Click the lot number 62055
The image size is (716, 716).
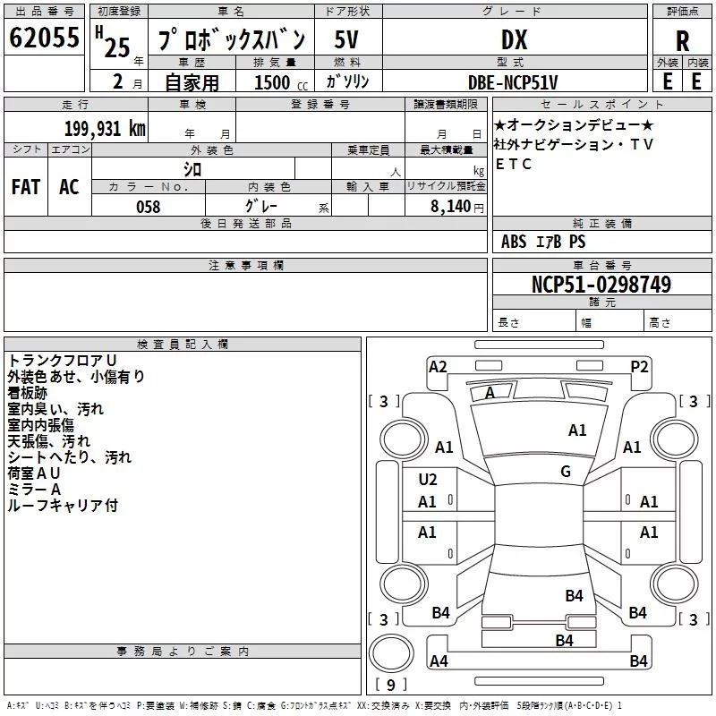coord(44,38)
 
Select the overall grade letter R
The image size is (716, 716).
coord(682,40)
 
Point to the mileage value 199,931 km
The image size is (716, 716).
coord(105,128)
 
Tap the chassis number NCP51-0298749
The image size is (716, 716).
coord(601,285)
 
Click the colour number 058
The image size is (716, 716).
coord(148,206)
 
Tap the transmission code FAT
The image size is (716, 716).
coord(26,186)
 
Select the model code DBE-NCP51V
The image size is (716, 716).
coord(513,81)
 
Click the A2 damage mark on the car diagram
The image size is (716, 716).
coord(438,366)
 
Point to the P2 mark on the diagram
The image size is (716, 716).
coord(639,366)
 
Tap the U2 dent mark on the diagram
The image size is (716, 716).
coord(428,480)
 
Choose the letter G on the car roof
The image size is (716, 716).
coord(565,472)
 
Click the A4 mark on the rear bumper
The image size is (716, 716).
coord(439,661)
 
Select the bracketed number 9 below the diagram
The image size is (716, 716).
coord(389,686)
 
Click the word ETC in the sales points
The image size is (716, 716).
coord(514,164)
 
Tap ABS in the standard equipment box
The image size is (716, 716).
coord(514,242)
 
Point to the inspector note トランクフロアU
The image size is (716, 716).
coord(62,360)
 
